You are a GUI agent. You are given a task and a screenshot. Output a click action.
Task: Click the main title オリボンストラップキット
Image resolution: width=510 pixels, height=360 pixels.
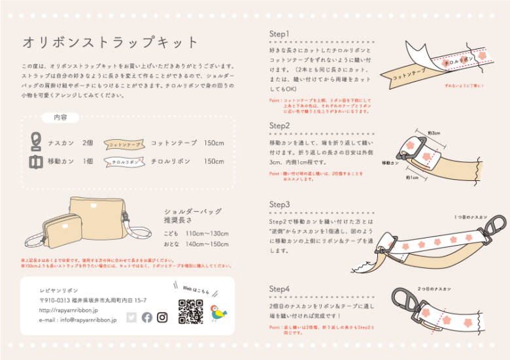tap(110, 43)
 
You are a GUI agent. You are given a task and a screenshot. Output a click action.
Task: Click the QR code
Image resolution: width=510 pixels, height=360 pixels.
tap(191, 310)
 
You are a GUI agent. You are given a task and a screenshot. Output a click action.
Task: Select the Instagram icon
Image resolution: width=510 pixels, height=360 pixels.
tap(162, 317)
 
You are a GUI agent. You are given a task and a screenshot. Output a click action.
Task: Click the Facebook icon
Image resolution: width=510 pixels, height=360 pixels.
tap(146, 317)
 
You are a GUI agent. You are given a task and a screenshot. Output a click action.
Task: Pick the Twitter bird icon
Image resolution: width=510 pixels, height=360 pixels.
tap(131, 317)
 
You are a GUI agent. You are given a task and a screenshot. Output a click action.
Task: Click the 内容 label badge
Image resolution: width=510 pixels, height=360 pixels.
tap(60, 118)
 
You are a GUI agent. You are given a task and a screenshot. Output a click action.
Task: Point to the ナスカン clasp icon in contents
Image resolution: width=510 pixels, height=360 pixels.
tap(36, 142)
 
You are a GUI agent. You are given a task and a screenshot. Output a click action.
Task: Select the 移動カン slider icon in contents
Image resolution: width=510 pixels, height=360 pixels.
tap(36, 161)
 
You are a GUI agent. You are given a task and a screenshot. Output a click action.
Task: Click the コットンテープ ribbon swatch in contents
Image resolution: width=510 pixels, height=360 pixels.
tap(124, 143)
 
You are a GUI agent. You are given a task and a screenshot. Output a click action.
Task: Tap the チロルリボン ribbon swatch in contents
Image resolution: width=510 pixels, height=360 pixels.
tap(124, 161)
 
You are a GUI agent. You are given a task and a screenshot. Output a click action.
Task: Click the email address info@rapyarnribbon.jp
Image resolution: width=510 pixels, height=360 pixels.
tap(78, 320)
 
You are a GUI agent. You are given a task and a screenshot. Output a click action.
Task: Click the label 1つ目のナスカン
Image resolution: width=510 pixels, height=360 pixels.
tap(470, 216)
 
